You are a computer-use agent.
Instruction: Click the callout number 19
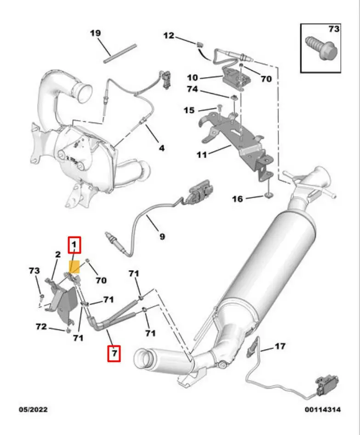coord(95,33)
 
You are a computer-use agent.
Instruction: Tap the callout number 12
coord(169,35)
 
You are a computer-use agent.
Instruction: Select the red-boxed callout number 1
coord(74,245)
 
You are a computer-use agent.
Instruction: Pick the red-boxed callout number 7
coord(114,353)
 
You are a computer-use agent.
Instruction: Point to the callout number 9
coord(162,237)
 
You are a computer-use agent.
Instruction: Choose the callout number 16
coord(237,198)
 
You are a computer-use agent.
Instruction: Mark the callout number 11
coord(201,155)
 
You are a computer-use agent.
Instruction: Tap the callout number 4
coord(162,148)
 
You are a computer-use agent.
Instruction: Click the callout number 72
coord(41,327)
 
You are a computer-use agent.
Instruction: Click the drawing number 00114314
coord(322,409)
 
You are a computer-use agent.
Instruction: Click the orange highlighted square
coord(74,266)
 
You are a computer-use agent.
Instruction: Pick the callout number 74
coord(192,89)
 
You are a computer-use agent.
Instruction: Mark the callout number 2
coord(58,254)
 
